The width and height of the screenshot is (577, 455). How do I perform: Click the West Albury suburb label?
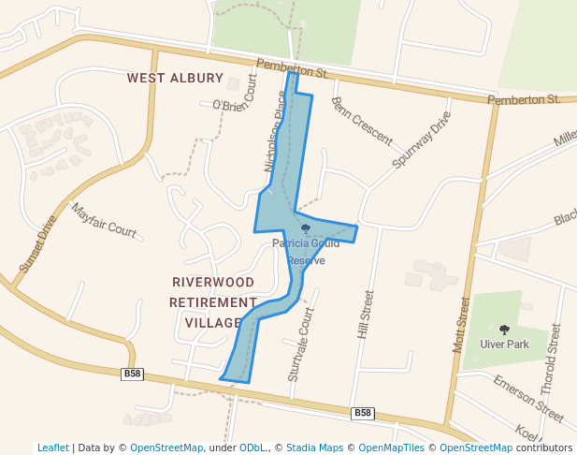click(x=176, y=78)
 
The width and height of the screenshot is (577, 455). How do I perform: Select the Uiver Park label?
click(x=505, y=345)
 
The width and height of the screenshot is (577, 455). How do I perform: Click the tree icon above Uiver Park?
click(x=505, y=330)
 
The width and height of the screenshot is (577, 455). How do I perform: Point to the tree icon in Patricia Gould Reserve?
click(x=306, y=228)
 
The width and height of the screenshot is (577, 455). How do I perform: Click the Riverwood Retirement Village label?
click(x=212, y=301)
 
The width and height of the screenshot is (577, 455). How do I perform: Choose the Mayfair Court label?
click(x=104, y=220)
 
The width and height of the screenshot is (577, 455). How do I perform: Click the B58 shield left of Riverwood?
click(x=133, y=374)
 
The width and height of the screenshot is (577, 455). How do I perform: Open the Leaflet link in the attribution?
click(x=53, y=448)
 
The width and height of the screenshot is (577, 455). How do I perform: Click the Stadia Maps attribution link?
click(x=311, y=448)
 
